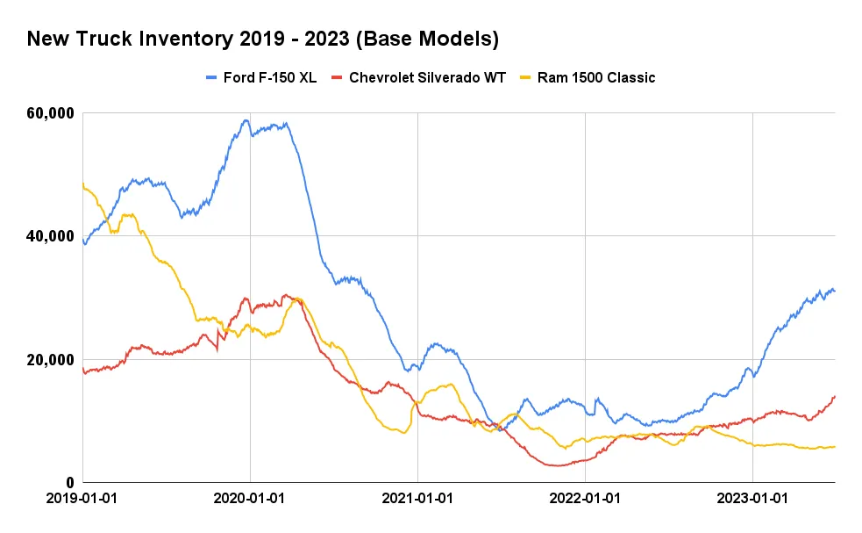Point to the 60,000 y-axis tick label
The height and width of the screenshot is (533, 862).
48,113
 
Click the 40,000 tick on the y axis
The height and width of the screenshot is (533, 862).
48,236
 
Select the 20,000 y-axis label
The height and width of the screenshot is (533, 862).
48,360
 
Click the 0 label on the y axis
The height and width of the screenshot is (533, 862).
71,483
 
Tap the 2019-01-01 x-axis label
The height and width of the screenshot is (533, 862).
82,498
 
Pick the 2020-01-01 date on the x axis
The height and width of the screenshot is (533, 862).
250,498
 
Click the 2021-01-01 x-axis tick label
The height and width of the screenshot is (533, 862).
417,498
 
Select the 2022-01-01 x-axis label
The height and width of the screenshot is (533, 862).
585,498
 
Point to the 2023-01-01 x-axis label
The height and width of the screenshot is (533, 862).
752,498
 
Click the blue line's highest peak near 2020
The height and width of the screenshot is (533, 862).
246,120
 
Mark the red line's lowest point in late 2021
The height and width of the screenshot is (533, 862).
558,465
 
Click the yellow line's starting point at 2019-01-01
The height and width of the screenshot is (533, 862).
83,184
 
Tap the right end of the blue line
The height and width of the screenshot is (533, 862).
834,291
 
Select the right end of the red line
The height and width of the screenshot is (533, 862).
834,396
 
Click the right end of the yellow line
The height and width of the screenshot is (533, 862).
834,447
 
